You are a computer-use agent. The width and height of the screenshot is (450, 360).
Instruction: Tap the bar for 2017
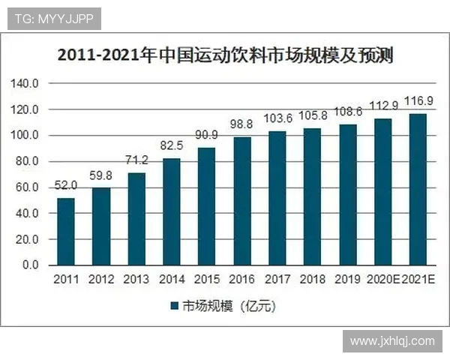pyautogui.click(x=277, y=198)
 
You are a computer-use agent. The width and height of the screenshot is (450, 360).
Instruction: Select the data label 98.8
pyautogui.click(x=242, y=122)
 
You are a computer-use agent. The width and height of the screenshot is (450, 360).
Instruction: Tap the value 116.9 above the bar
pyautogui.click(x=418, y=100)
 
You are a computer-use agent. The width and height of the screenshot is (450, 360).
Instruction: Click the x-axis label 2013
pyautogui.click(x=136, y=280)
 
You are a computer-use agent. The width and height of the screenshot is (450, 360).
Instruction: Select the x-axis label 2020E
pyautogui.click(x=383, y=280)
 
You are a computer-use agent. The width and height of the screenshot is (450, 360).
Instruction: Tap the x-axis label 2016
pyautogui.click(x=242, y=280)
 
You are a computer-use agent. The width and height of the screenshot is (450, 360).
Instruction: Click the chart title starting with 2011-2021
pyautogui.click(x=225, y=56)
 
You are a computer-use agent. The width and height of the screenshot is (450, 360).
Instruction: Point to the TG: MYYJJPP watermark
pyautogui.click(x=55, y=19)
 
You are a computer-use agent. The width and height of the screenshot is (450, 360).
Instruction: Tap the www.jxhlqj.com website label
pyautogui.click(x=391, y=341)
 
